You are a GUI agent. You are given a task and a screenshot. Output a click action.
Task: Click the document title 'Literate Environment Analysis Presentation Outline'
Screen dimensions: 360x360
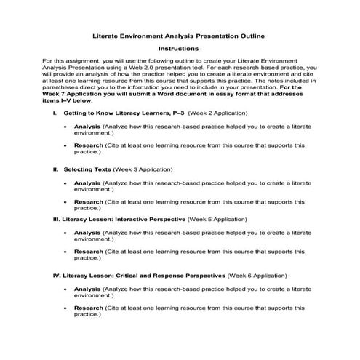(180, 35)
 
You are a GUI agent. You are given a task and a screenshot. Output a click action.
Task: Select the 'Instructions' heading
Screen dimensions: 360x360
(179, 49)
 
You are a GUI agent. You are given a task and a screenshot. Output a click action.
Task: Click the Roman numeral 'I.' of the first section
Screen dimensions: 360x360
(55, 114)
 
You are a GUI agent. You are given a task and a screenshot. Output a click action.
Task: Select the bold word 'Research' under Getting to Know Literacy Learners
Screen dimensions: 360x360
(89, 145)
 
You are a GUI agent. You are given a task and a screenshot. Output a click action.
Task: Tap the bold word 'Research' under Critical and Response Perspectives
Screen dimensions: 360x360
(89, 308)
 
